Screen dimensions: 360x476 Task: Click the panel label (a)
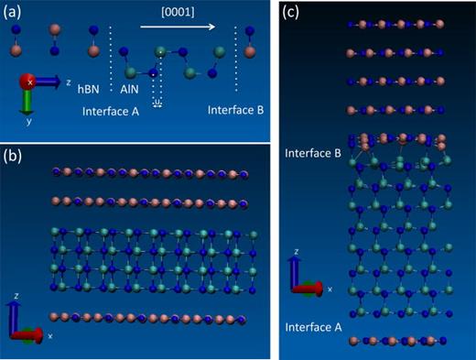[x=16, y=13]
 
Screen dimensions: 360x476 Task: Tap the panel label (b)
[x=16, y=154]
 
